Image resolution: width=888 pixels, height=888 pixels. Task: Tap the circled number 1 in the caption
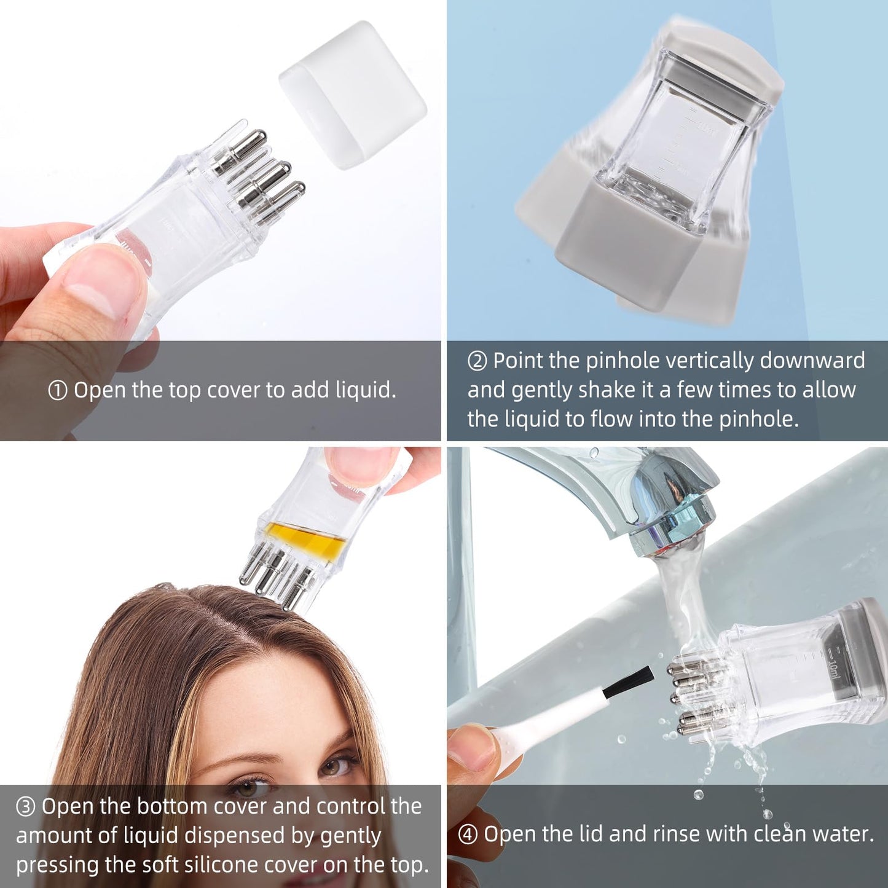(x=57, y=391)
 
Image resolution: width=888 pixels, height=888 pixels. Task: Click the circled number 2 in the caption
(x=477, y=361)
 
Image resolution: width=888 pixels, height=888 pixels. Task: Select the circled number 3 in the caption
(x=25, y=807)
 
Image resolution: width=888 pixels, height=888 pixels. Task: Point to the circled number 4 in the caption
(x=468, y=835)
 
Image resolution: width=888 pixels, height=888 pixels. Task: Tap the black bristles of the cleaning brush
(x=627, y=684)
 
